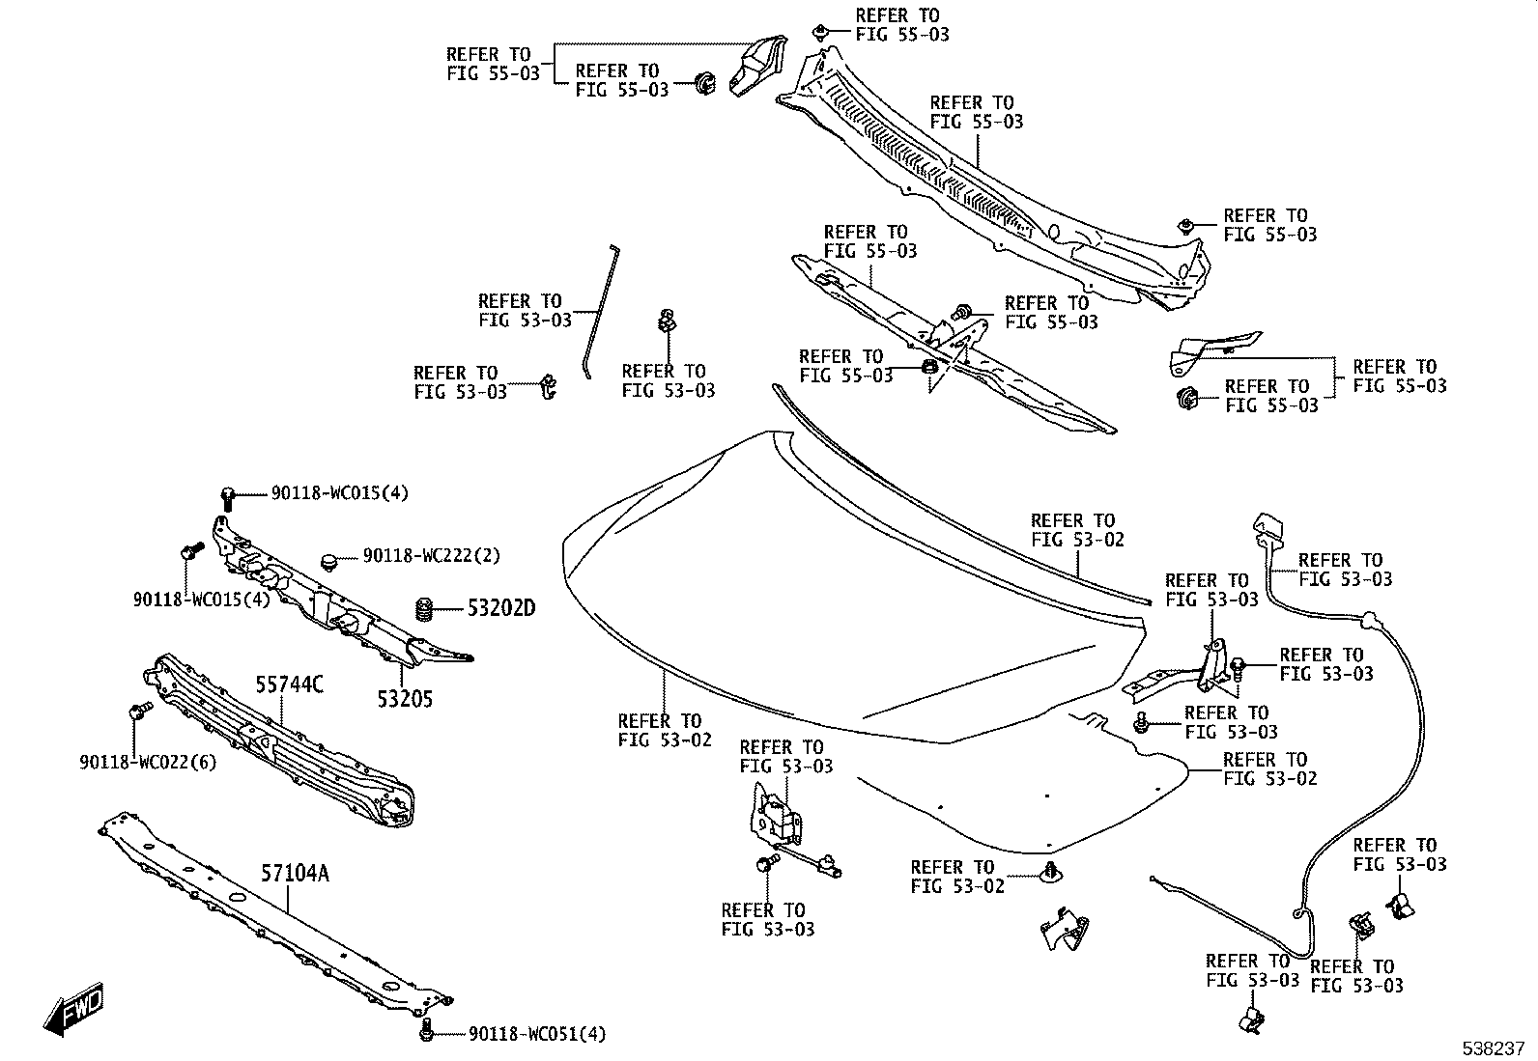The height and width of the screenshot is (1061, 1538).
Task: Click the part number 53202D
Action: pyautogui.click(x=501, y=608)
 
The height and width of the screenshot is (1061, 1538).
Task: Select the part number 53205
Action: pyautogui.click(x=405, y=699)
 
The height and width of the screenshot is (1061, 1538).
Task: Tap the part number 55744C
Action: pyautogui.click(x=289, y=684)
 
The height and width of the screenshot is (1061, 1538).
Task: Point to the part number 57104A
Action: pyautogui.click(x=295, y=873)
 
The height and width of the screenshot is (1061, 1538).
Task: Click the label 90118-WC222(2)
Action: pyautogui.click(x=432, y=555)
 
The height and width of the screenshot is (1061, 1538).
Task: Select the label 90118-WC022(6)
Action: pyautogui.click(x=148, y=762)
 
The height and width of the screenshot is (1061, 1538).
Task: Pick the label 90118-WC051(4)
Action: pyautogui.click(x=537, y=1034)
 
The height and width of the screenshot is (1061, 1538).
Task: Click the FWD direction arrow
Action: pyautogui.click(x=72, y=1009)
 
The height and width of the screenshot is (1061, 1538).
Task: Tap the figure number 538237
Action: pyautogui.click(x=1493, y=1048)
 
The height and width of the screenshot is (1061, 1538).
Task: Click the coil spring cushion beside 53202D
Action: pyautogui.click(x=425, y=609)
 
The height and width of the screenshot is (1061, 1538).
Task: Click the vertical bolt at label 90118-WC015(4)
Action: pyautogui.click(x=228, y=499)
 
